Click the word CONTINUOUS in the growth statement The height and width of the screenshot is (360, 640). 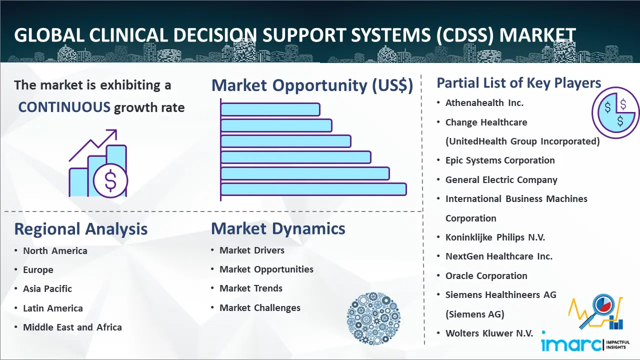pos(64,107)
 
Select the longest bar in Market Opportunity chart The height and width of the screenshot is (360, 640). pos(313,189)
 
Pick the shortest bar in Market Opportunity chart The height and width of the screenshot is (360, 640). pos(270,109)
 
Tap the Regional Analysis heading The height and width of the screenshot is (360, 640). pos(80,229)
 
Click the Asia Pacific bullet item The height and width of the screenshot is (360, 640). pos(47,289)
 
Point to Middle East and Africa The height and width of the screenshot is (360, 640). pos(72,327)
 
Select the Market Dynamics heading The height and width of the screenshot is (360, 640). pos(278,229)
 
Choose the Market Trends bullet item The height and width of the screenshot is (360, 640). pos(251,288)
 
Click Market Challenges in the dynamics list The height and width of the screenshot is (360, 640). pos(260,308)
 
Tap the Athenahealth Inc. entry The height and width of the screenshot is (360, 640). pos(484,103)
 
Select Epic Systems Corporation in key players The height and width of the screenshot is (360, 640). pos(500,160)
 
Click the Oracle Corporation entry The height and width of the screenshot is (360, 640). pos(486,276)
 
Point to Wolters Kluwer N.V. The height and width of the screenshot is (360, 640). pos(489,333)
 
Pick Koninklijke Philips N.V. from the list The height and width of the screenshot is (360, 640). pos(495,237)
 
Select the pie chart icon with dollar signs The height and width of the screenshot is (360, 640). pos(615,112)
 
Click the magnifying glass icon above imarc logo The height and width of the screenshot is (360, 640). pos(602,306)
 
